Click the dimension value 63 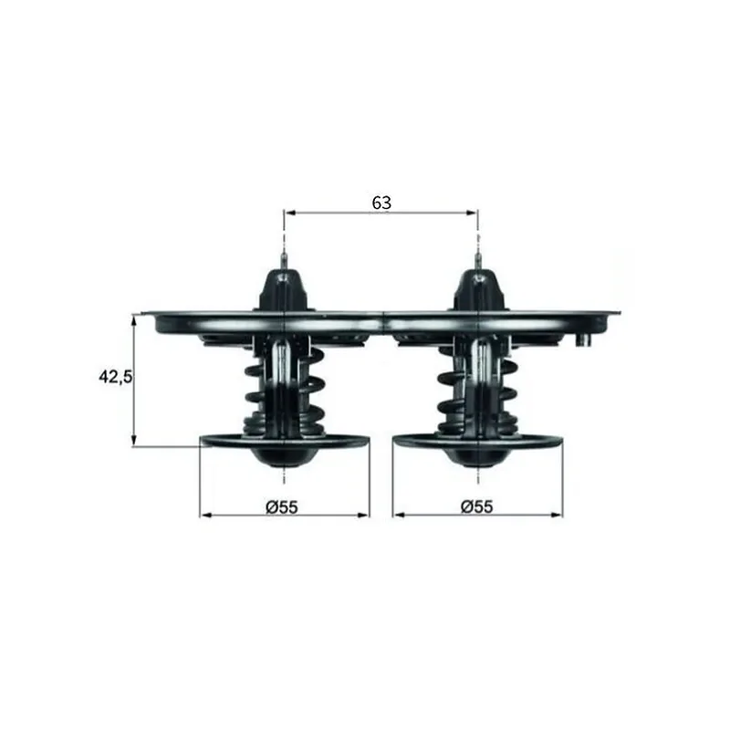pos(381,203)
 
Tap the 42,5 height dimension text pos(116,377)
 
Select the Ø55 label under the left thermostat pos(282,507)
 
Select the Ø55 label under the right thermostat pos(476,506)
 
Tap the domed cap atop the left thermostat pos(284,289)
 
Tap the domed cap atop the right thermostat pos(478,289)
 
